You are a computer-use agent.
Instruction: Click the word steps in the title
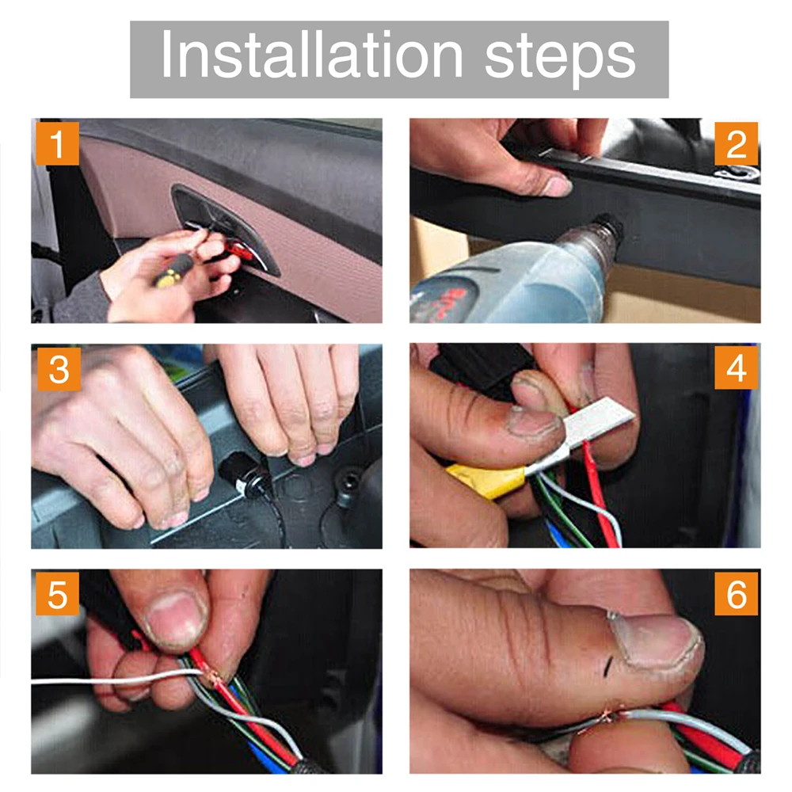click(x=560, y=59)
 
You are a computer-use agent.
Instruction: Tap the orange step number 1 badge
click(x=58, y=143)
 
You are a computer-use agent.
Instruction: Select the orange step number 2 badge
click(x=737, y=143)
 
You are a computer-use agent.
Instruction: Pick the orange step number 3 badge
click(x=59, y=369)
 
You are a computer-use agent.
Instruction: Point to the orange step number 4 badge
click(x=737, y=367)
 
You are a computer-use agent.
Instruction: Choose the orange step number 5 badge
click(x=58, y=593)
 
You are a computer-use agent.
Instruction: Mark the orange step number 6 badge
click(x=737, y=593)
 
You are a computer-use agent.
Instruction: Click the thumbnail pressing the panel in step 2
click(x=556, y=186)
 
